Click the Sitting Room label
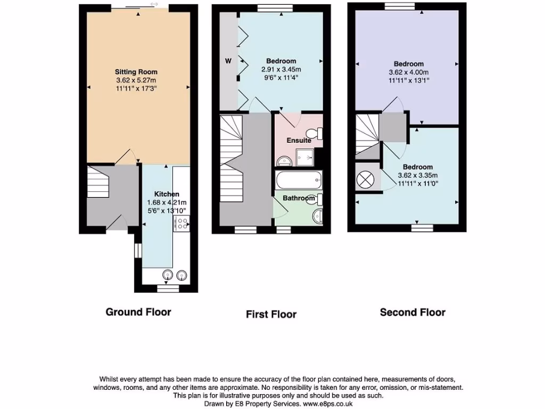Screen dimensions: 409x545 136,72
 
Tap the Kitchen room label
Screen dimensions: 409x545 167,194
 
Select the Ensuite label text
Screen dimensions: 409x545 299,141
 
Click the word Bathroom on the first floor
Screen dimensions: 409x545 299,198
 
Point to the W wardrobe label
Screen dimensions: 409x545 228,61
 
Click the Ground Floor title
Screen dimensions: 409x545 138,312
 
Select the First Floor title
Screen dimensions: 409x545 271,314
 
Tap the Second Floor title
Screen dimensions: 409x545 412,313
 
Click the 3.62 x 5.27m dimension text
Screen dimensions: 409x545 136,80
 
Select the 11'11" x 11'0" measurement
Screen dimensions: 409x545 417,184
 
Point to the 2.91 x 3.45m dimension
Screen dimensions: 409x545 281,70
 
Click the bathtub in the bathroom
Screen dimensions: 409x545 299,179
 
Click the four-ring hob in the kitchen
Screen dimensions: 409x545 181,225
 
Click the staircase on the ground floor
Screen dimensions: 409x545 98,182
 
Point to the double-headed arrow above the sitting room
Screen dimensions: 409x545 154,4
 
